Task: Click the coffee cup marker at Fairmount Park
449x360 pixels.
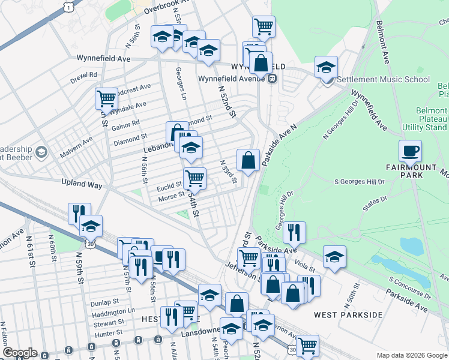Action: [410, 151]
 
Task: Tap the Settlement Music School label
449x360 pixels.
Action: [383, 79]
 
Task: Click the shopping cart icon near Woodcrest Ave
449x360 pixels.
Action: [106, 98]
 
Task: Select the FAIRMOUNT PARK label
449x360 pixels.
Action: [410, 175]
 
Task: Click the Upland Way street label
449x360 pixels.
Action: [82, 185]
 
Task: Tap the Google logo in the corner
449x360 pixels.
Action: [20, 353]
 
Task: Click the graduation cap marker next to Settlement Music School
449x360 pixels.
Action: [326, 67]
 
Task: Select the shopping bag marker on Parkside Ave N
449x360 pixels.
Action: [248, 160]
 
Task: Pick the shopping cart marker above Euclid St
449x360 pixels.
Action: [194, 178]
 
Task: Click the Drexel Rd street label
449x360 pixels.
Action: [83, 76]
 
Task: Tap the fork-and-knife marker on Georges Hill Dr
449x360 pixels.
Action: [294, 232]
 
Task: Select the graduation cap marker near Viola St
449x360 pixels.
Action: [334, 257]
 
